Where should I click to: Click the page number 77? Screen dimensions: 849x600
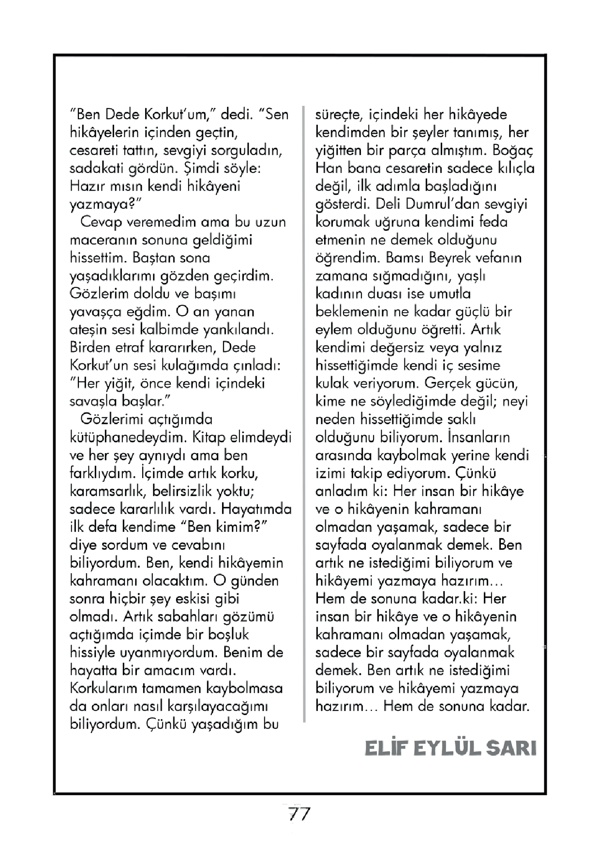point(299,814)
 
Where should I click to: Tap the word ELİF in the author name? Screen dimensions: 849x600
point(384,748)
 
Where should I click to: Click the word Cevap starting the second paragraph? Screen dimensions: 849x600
point(100,222)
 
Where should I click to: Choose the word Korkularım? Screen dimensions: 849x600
point(103,688)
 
